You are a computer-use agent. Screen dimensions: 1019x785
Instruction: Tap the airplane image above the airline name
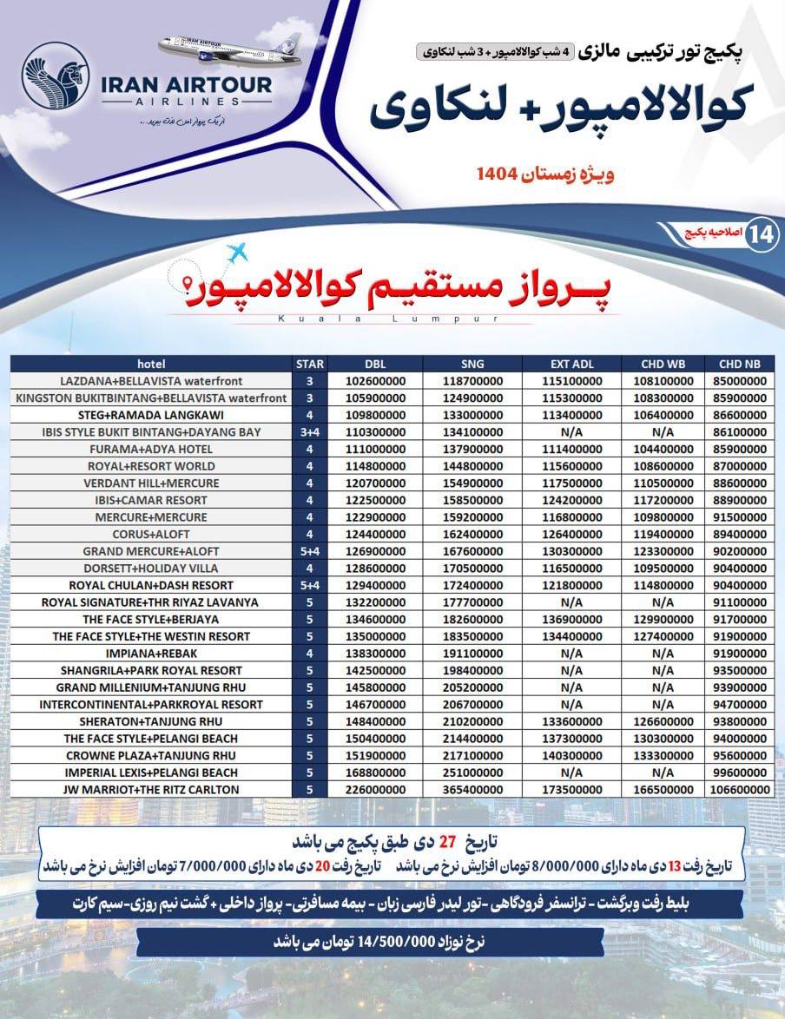pyautogui.click(x=231, y=51)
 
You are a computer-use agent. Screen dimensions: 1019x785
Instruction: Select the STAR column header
pyautogui.click(x=310, y=364)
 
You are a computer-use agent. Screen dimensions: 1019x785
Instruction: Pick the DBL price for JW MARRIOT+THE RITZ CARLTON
pyautogui.click(x=376, y=789)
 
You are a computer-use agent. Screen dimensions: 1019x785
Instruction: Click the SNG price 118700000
pyautogui.click(x=473, y=381)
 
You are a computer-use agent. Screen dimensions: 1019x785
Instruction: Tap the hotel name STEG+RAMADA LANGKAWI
pyautogui.click(x=151, y=415)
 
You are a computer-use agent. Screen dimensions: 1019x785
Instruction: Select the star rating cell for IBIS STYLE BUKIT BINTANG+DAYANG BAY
pyautogui.click(x=310, y=432)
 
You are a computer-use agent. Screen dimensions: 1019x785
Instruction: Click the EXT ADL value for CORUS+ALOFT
pyautogui.click(x=571, y=534)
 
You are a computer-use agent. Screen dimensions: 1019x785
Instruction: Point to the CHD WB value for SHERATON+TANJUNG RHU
pyautogui.click(x=663, y=721)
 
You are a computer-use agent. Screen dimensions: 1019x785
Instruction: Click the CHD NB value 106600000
pyautogui.click(x=739, y=789)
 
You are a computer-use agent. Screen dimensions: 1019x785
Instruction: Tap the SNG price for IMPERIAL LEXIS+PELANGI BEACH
pyautogui.click(x=473, y=772)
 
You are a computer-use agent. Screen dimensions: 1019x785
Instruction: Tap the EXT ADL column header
pyautogui.click(x=571, y=364)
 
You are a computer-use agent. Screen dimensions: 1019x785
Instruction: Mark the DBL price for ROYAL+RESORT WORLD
pyautogui.click(x=376, y=466)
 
